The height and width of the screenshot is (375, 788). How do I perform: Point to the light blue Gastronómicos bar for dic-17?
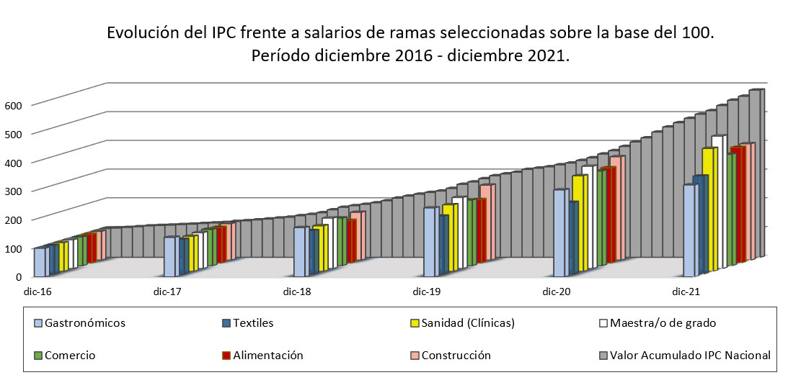click(x=169, y=257)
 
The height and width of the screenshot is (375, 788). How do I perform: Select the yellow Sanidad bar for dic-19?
click(x=448, y=238)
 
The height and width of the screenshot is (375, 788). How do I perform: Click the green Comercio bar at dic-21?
click(x=731, y=209)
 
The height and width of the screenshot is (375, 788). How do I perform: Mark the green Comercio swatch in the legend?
click(x=38, y=355)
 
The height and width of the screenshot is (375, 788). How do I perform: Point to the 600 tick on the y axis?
click(x=14, y=105)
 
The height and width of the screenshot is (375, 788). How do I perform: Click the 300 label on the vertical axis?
click(x=14, y=191)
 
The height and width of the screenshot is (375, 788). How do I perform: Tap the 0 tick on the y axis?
click(x=19, y=276)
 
